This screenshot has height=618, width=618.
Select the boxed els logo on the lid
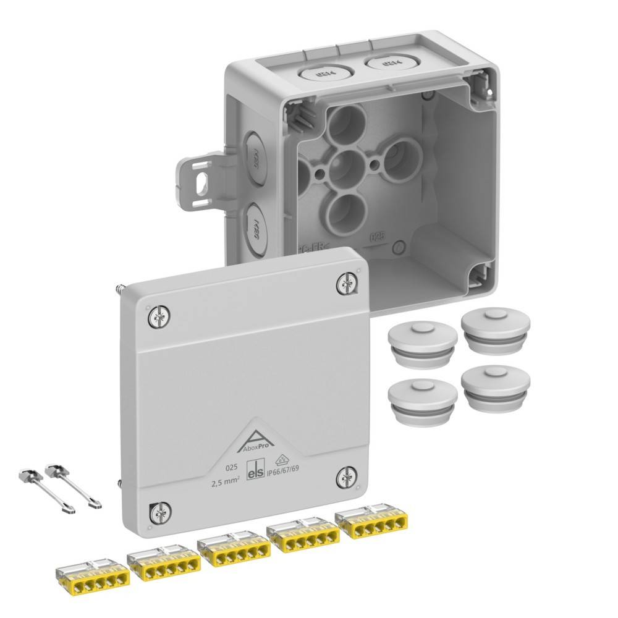[x=256, y=472]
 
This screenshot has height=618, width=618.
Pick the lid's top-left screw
[x=158, y=318]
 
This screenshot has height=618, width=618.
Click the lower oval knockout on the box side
[x=253, y=227]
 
